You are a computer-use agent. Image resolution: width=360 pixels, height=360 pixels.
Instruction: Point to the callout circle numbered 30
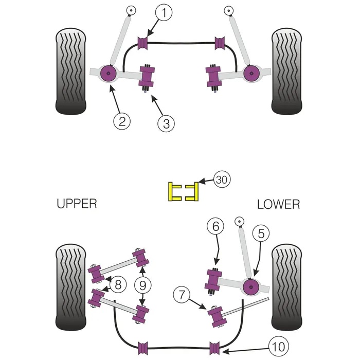pos(222,179)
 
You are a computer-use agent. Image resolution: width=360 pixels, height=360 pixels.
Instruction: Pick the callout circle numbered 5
pos(261,234)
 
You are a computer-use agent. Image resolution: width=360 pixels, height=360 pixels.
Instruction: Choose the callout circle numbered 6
pos(216,226)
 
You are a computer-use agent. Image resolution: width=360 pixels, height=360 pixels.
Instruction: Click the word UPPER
pos(77,204)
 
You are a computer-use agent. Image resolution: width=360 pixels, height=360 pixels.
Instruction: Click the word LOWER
pos(278,204)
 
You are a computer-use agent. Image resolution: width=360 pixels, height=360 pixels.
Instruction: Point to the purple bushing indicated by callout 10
pos(215,347)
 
